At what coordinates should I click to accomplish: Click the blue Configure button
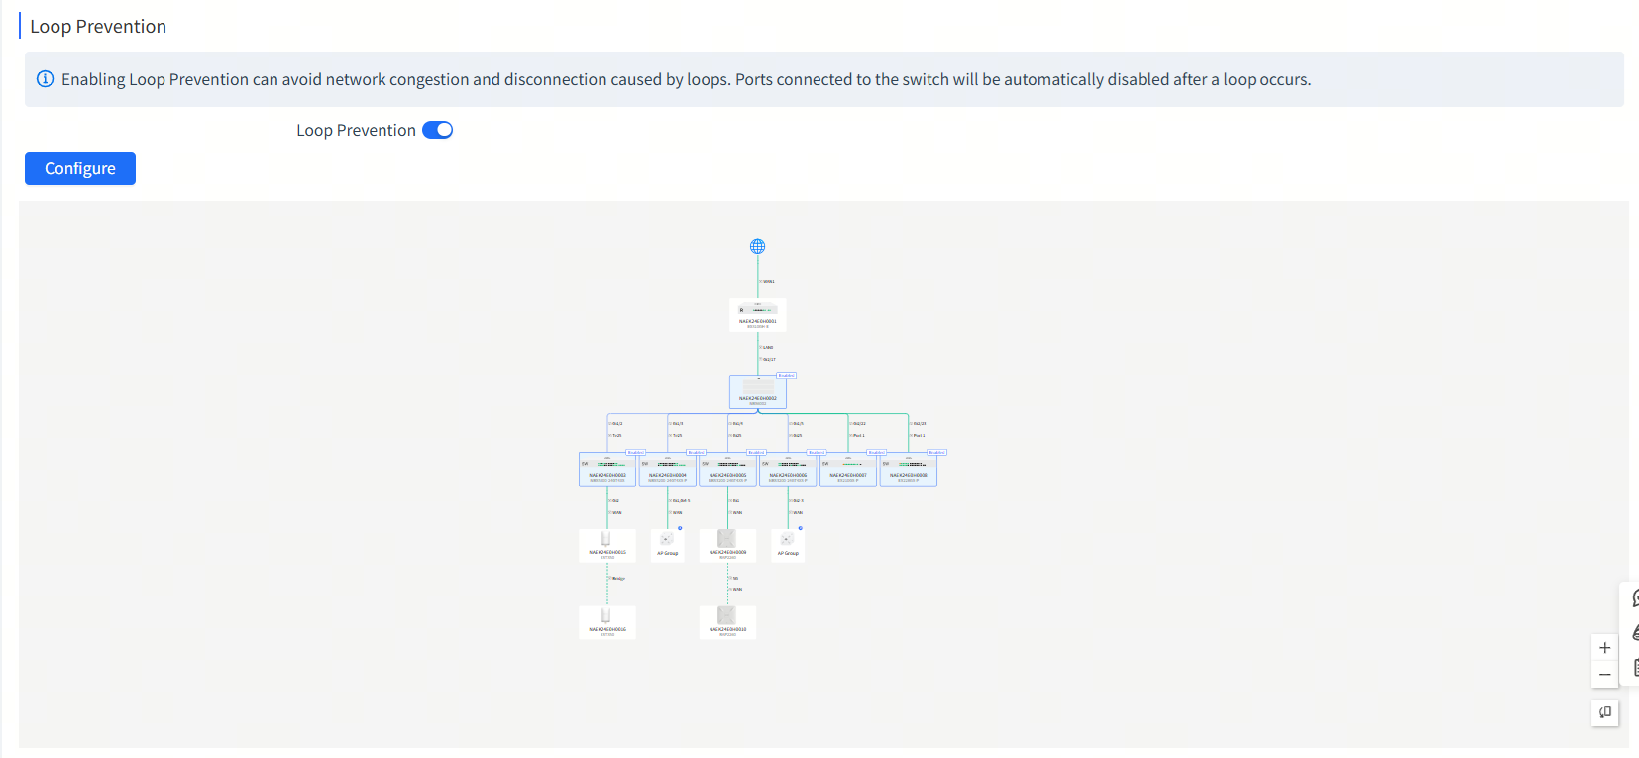(x=80, y=168)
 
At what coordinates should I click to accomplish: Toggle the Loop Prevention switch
(x=437, y=130)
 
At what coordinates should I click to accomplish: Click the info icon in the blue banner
(x=45, y=79)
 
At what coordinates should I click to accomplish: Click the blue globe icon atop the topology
(x=758, y=246)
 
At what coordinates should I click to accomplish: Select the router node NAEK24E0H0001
(x=758, y=314)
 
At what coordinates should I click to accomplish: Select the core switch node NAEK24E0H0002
(x=758, y=391)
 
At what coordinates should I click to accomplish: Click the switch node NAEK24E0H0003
(x=607, y=469)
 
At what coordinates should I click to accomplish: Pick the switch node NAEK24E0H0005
(x=727, y=469)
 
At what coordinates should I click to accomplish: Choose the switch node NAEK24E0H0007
(x=848, y=469)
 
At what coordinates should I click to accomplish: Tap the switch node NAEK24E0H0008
(x=909, y=469)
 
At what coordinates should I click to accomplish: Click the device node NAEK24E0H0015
(x=607, y=545)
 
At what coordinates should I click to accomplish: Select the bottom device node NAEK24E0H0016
(x=607, y=621)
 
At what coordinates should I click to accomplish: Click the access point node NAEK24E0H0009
(x=727, y=544)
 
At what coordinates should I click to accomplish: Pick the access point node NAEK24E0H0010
(x=727, y=621)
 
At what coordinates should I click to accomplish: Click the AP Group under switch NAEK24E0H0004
(x=668, y=544)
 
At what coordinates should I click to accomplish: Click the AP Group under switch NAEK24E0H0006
(x=788, y=544)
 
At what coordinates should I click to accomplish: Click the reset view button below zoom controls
(x=1605, y=712)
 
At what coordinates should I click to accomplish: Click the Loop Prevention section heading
(x=98, y=27)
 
